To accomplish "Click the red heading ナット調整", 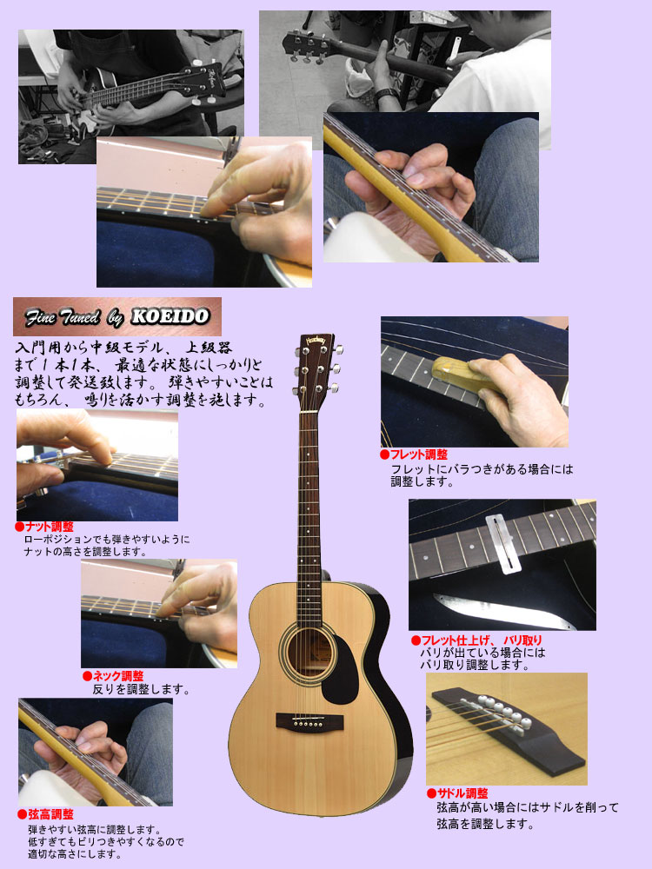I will pyautogui.click(x=48, y=527).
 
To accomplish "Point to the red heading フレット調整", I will pyautogui.click(x=418, y=454).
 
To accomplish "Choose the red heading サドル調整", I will pyautogui.click(x=462, y=793).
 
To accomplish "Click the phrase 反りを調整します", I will pyautogui.click(x=141, y=690).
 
